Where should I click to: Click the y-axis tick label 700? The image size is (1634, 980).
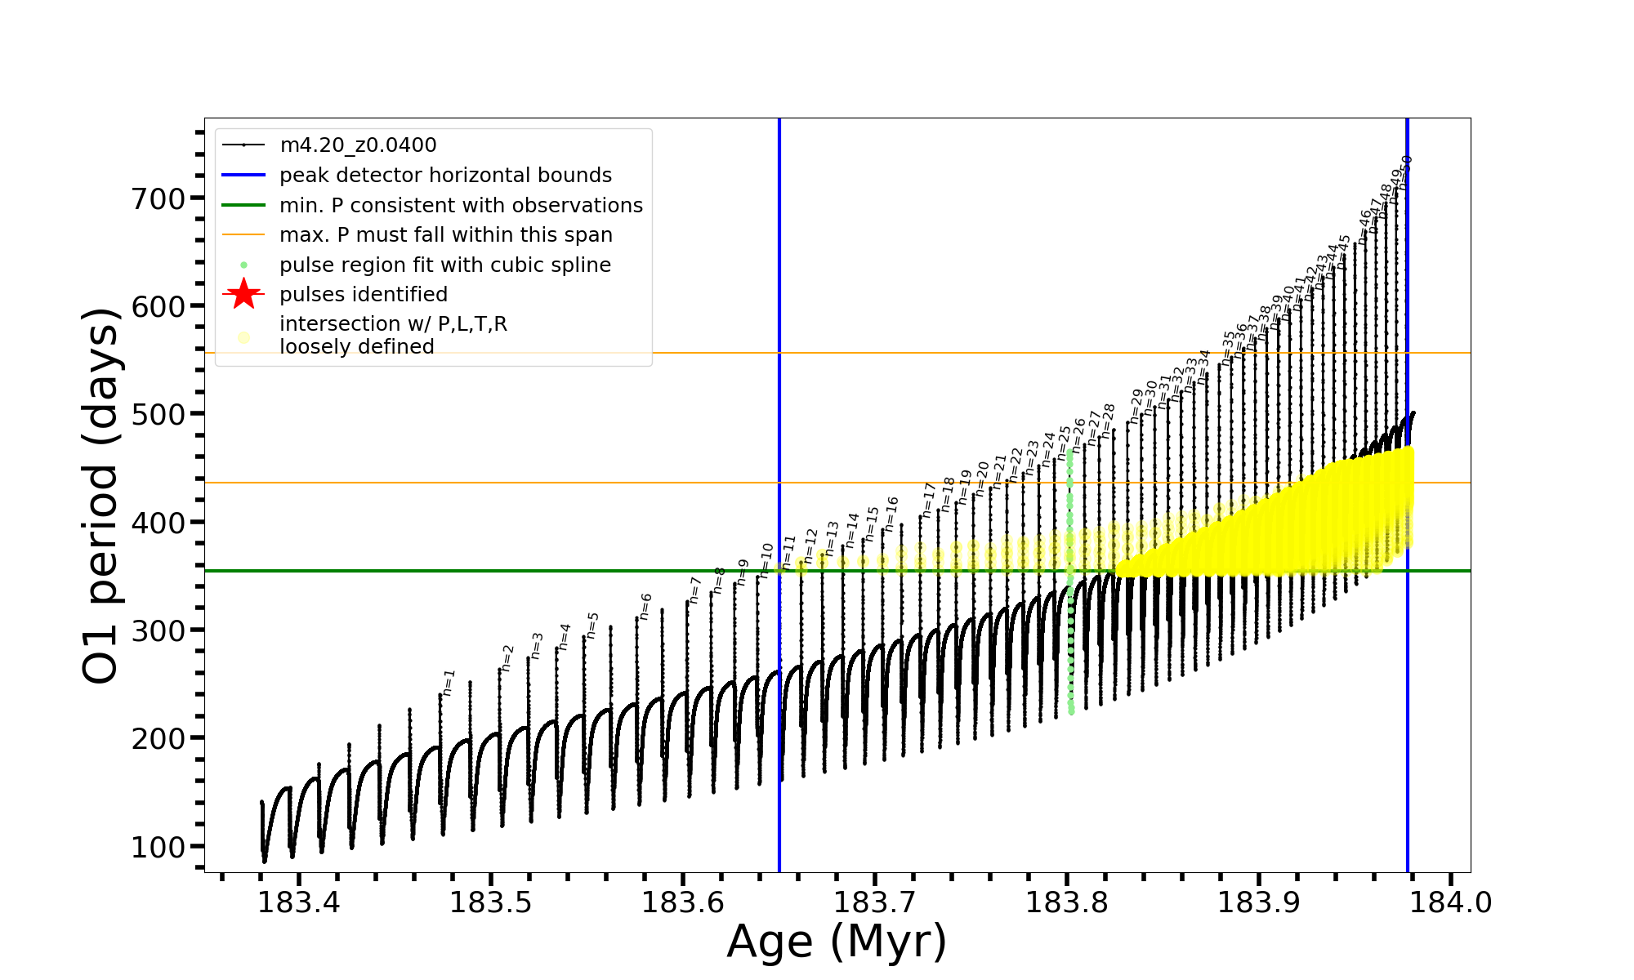(x=158, y=198)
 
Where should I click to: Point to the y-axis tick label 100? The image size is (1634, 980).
(x=158, y=847)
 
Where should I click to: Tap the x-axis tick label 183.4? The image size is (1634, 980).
(x=299, y=903)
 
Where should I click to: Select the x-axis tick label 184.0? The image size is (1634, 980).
(x=1451, y=903)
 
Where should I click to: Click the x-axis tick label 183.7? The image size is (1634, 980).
(x=875, y=903)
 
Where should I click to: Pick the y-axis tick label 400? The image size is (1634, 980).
(x=158, y=523)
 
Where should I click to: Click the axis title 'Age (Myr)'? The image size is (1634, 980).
(x=837, y=942)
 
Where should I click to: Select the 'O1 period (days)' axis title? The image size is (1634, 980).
(x=101, y=495)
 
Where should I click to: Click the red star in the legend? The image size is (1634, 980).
(x=243, y=295)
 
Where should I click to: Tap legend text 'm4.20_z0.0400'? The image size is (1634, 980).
(x=358, y=145)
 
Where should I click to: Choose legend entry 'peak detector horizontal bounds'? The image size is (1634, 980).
(x=445, y=176)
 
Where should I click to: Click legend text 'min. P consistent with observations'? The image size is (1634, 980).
(x=461, y=206)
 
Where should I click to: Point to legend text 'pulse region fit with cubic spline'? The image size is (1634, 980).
(x=445, y=265)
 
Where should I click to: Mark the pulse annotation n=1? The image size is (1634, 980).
(x=449, y=683)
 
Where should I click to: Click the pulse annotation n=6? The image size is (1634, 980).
(x=645, y=607)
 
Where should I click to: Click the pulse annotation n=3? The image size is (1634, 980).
(x=537, y=645)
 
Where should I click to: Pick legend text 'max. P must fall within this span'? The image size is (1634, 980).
(x=446, y=235)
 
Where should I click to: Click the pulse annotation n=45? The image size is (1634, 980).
(x=1344, y=248)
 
